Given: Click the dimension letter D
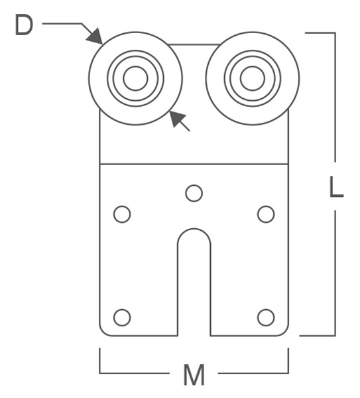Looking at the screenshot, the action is pos(24,25).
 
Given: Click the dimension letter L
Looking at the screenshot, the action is pos(336,186).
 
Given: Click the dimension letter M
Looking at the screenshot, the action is pos(194,375).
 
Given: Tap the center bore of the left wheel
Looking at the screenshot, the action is pos(135,78).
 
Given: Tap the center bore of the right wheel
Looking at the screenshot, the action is pos(253,78).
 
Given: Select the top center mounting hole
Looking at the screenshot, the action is pos(194,193).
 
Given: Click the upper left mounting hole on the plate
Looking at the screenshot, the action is pos(122,214).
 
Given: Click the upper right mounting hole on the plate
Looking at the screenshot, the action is pos(266,214).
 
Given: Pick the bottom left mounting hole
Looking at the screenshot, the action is pos(122,317).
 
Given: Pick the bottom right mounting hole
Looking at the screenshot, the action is pos(266,317).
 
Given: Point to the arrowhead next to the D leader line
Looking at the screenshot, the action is pos(95,36).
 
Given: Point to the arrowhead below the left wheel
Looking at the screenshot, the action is pos(177,118).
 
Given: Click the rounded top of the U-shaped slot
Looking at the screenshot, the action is pos(194,229).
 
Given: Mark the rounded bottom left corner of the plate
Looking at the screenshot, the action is pos(103,332).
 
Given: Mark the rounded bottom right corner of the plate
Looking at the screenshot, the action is pos(285,332).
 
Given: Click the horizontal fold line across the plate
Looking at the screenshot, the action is pos(194,165).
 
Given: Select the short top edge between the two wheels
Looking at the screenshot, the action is pos(194,44).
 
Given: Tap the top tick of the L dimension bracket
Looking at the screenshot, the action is pos(320,33).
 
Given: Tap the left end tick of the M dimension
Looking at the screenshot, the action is pos(99,360).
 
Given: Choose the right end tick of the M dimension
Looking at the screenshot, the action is pos(288,360).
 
